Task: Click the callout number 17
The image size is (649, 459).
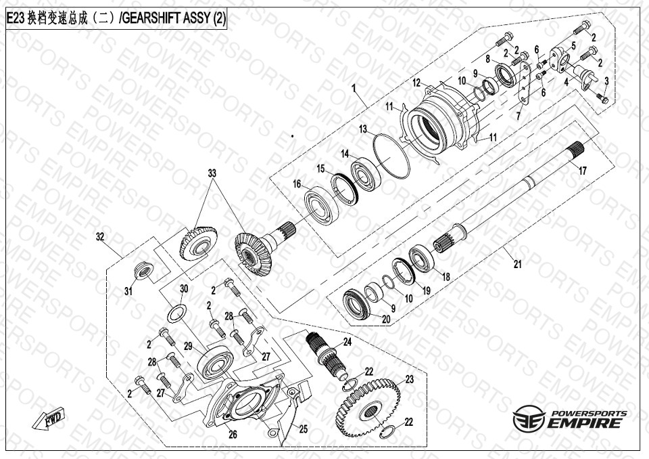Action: tap(582, 172)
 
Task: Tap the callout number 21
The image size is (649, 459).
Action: tap(517, 265)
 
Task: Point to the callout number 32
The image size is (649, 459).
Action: tap(101, 237)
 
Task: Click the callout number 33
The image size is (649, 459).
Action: tap(212, 174)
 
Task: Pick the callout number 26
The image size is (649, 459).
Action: tap(232, 435)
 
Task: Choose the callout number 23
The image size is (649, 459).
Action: tap(409, 379)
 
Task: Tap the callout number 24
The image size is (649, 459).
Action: tap(347, 341)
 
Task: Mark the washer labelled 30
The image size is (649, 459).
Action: tap(177, 313)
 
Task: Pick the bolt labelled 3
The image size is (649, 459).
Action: tap(604, 100)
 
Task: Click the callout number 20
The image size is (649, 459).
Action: tap(386, 319)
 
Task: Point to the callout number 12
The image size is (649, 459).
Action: tap(417, 83)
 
